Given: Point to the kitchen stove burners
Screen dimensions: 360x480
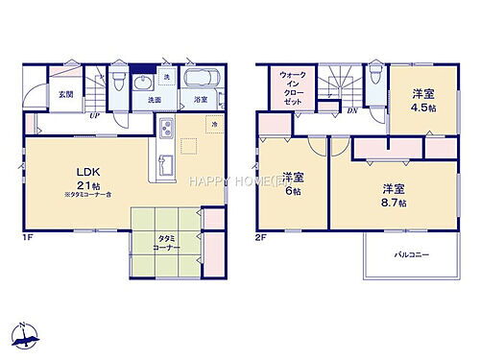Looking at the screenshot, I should click(x=164, y=130).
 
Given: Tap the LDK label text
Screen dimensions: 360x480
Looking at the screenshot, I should click(x=87, y=174).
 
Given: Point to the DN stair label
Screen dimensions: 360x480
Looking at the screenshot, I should click(x=352, y=110).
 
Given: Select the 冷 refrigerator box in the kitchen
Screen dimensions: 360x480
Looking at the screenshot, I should click(x=212, y=125).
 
